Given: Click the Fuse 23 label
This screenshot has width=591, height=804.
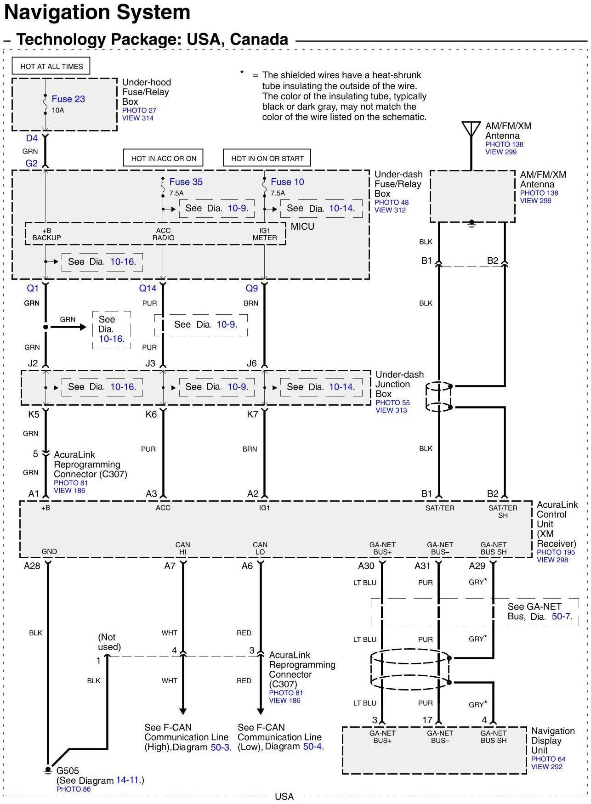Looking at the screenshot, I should coord(68,99).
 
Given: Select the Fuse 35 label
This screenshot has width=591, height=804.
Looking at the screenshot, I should coord(186,182).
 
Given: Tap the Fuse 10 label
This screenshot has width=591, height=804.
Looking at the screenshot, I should coord(287,182).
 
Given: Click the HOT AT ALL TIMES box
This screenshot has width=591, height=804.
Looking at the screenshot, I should coord(51,66).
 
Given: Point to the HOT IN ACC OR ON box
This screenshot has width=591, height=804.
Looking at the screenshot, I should coord(164,159).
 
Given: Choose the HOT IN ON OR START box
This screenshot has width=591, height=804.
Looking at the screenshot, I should coord(267,159).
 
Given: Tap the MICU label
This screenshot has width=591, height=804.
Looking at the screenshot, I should coord(302,226).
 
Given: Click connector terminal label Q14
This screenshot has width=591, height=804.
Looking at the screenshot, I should coord(148,289).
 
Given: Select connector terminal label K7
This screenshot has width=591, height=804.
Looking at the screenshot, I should coord(252,414).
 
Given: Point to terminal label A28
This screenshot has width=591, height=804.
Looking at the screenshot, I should coord(32,566).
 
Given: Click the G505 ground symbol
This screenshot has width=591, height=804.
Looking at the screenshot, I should coord(48,770).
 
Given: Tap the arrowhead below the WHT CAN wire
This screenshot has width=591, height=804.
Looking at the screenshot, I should coord(183,711).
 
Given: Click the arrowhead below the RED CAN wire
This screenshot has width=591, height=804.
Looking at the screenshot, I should coord(261,711).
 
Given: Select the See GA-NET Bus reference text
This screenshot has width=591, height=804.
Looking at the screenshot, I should coord(540,611).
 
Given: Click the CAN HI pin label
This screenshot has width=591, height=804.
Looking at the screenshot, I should coord(182,548).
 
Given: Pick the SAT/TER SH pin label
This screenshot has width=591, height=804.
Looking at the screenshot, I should coord(503,511).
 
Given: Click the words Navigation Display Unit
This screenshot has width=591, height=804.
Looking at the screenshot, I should coord(552,740).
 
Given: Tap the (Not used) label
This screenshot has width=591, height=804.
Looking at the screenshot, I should coord(109,642).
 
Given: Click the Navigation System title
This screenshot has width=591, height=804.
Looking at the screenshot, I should coord(97,12).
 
